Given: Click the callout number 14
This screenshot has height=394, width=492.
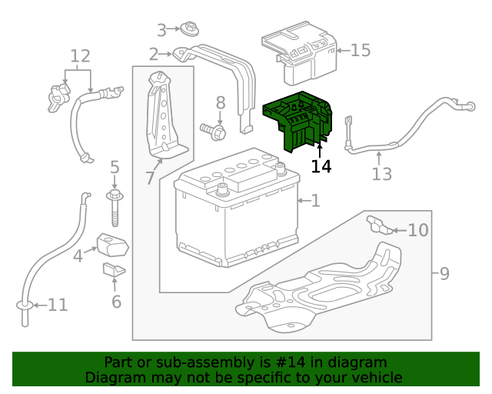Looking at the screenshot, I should [x=321, y=165].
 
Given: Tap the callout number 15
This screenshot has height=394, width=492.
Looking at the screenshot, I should [x=360, y=50].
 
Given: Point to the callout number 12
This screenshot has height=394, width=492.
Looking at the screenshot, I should [x=80, y=56].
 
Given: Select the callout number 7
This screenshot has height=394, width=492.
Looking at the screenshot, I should [x=149, y=179].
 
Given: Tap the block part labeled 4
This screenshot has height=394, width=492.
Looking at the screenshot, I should [x=113, y=245].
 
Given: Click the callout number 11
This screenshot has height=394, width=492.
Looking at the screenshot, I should [x=58, y=306].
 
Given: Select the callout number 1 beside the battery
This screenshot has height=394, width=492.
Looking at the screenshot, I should [x=315, y=201].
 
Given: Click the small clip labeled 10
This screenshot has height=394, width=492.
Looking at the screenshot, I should [x=377, y=224].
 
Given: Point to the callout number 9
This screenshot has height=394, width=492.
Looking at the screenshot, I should [x=444, y=272].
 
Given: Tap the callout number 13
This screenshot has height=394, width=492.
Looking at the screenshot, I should [x=381, y=175].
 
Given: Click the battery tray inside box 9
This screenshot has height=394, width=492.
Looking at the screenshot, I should [x=323, y=289].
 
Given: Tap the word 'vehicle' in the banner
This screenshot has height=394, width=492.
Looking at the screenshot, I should [x=374, y=377].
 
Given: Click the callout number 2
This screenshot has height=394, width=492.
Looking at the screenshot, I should [x=153, y=54].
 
